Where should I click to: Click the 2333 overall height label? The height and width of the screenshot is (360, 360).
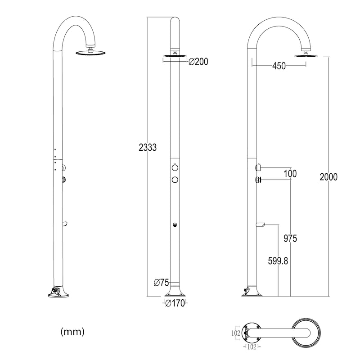click(148, 147)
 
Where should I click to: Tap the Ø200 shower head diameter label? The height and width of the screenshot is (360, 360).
click(198, 62)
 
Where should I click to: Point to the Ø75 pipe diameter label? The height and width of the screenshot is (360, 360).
click(162, 283)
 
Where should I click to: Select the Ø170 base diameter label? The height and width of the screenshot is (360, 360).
click(175, 303)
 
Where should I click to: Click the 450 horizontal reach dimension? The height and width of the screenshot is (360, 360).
click(279, 66)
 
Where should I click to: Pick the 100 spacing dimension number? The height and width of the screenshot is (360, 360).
click(290, 174)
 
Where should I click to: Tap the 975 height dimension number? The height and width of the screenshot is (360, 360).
click(290, 238)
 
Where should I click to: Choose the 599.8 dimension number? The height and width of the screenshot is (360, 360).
click(278, 261)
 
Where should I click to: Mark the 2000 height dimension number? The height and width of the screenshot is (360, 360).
click(328, 177)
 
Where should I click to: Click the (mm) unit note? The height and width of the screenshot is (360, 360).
click(72, 332)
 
